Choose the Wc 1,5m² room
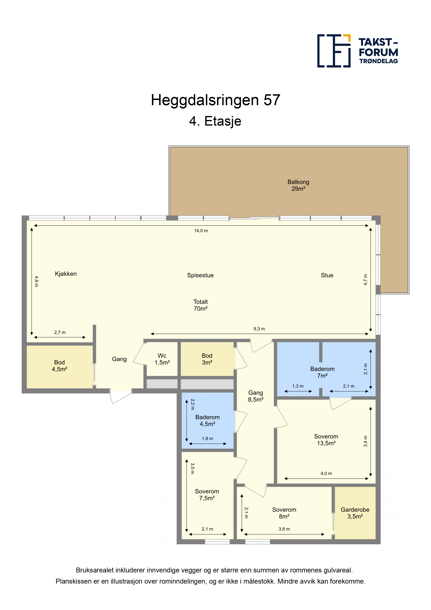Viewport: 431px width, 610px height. [162, 359]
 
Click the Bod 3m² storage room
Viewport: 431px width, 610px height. [207, 359]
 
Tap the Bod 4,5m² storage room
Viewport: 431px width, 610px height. [59, 367]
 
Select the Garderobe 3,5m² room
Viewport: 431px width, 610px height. [355, 513]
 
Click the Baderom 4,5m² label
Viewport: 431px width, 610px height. [207, 421]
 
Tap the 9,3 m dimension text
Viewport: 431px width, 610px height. [259, 329]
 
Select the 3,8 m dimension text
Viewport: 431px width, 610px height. [284, 529]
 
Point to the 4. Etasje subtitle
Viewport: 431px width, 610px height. [215, 121]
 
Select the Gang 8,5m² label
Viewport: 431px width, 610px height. [255, 396]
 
